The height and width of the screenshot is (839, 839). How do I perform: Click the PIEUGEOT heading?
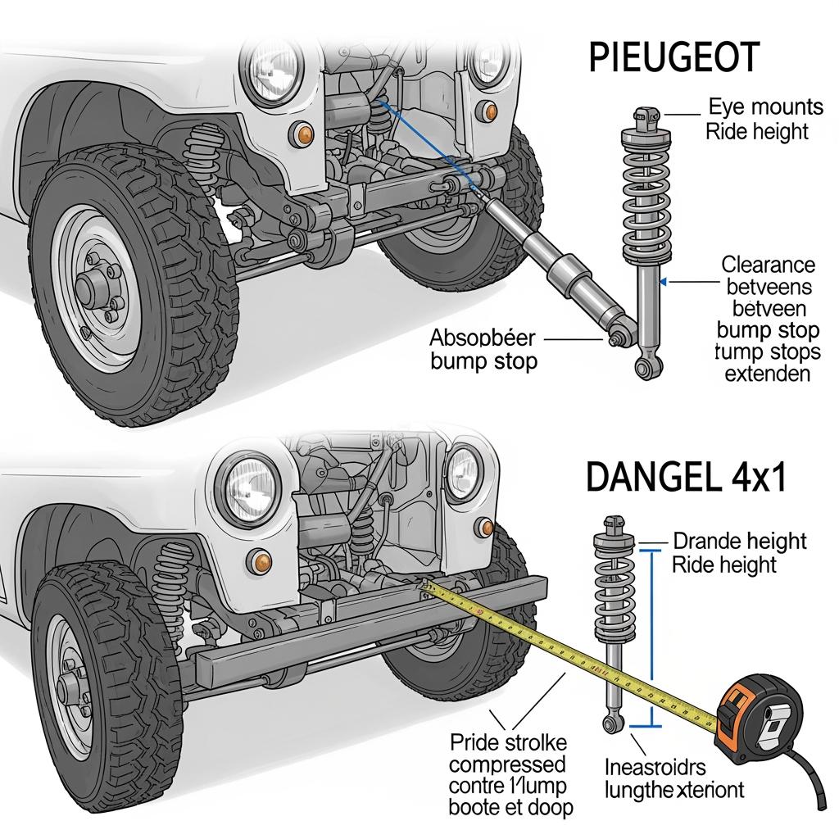673,60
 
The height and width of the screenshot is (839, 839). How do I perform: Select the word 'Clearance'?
768,265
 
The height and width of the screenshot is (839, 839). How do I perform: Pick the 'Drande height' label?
739,541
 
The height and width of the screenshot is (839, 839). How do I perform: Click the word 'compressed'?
508,764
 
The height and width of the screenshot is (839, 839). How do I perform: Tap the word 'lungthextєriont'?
674,790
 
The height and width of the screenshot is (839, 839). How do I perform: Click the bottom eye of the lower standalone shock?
610,723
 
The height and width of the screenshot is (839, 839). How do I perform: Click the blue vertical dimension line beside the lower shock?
652,639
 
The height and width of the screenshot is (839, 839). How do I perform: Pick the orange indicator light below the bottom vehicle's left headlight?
262,560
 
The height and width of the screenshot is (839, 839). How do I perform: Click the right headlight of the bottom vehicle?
465,474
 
